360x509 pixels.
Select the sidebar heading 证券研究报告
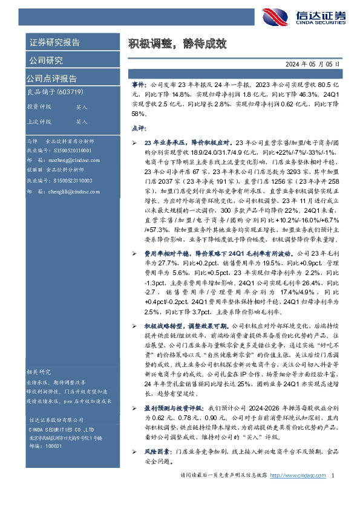coord(54,42)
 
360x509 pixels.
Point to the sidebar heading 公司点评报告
coord(51,79)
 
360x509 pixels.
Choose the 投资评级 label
coord(39,106)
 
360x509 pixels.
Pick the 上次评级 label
coord(39,122)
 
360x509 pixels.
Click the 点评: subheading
coord(139,129)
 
